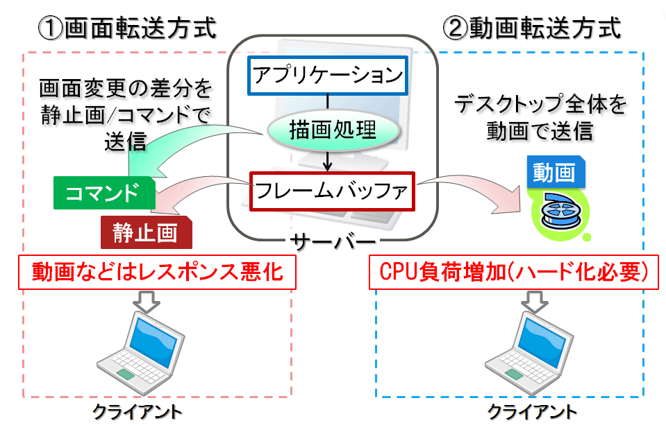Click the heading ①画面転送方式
[x=127, y=28]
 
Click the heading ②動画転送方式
[x=532, y=28]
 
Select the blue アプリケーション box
[x=328, y=76]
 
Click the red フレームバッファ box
[x=332, y=191]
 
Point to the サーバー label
[x=333, y=242]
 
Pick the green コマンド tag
[x=104, y=193]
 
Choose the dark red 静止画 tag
[x=146, y=232]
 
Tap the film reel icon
[x=560, y=214]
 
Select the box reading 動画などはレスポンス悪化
[x=157, y=273]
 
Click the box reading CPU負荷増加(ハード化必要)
[x=513, y=273]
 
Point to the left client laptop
[x=141, y=353]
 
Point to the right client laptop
[x=529, y=353]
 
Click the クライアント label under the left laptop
[x=137, y=412]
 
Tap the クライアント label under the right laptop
[x=532, y=412]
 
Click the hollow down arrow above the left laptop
[x=147, y=302]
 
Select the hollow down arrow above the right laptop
[x=535, y=302]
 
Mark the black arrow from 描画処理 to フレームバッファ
[x=327, y=161]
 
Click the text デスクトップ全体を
[x=540, y=104]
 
